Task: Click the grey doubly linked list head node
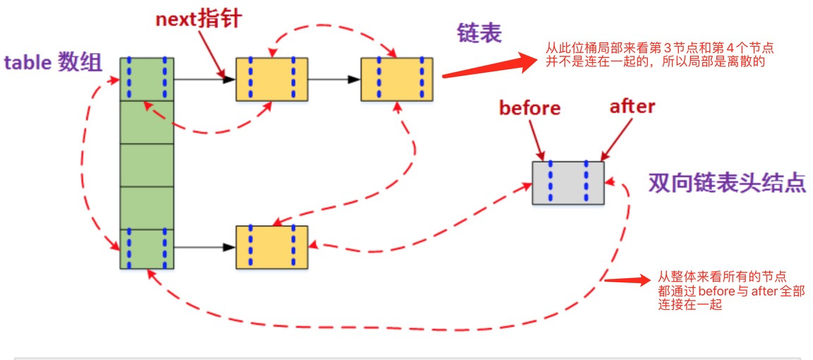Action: click(568, 183)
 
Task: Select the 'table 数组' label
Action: click(53, 63)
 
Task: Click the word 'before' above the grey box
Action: click(529, 108)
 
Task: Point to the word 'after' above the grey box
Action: click(632, 107)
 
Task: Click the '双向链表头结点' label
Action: click(726, 182)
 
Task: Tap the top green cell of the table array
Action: click(147, 79)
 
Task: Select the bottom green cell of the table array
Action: click(147, 248)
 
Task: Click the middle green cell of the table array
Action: click(147, 164)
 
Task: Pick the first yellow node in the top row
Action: click(272, 79)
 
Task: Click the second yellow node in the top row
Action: click(397, 79)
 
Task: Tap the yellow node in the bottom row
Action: click(272, 247)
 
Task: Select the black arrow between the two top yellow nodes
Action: click(334, 79)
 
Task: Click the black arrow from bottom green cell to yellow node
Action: click(204, 248)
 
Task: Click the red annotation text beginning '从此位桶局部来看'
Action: click(660, 55)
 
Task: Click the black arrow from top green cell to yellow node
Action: click(204, 79)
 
